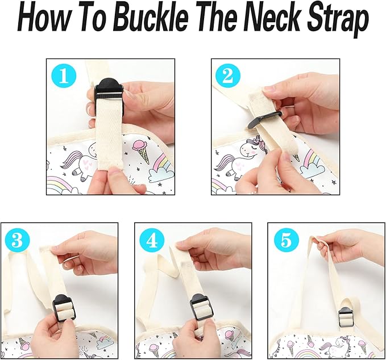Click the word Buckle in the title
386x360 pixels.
(x=151, y=20)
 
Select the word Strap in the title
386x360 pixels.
(x=337, y=22)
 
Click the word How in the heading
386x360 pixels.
(x=43, y=20)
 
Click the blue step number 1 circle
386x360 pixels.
(x=64, y=76)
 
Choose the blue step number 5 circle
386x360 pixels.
(x=287, y=240)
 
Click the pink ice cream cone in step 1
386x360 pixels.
(x=142, y=152)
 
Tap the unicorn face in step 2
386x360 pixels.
(x=251, y=148)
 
